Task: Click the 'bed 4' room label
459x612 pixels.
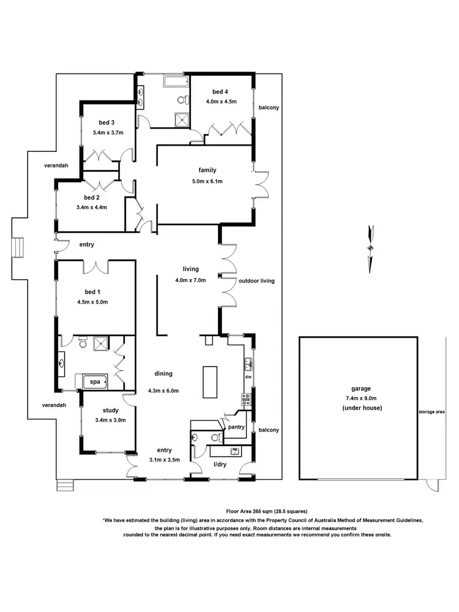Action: pyautogui.click(x=220, y=92)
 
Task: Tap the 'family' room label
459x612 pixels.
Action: pyautogui.click(x=207, y=170)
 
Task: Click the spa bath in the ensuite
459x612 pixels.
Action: pyautogui.click(x=95, y=382)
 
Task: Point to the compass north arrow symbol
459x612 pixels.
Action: pyautogui.click(x=369, y=248)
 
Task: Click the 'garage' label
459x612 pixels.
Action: pyautogui.click(x=360, y=389)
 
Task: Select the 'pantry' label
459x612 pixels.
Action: pyautogui.click(x=236, y=428)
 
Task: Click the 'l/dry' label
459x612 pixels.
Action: pyautogui.click(x=220, y=465)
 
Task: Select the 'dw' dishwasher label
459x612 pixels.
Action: pyautogui.click(x=248, y=377)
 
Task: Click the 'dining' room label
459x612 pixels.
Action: pyautogui.click(x=163, y=373)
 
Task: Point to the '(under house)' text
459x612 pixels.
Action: pyautogui.click(x=360, y=408)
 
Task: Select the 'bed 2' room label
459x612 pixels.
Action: pyautogui.click(x=92, y=198)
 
